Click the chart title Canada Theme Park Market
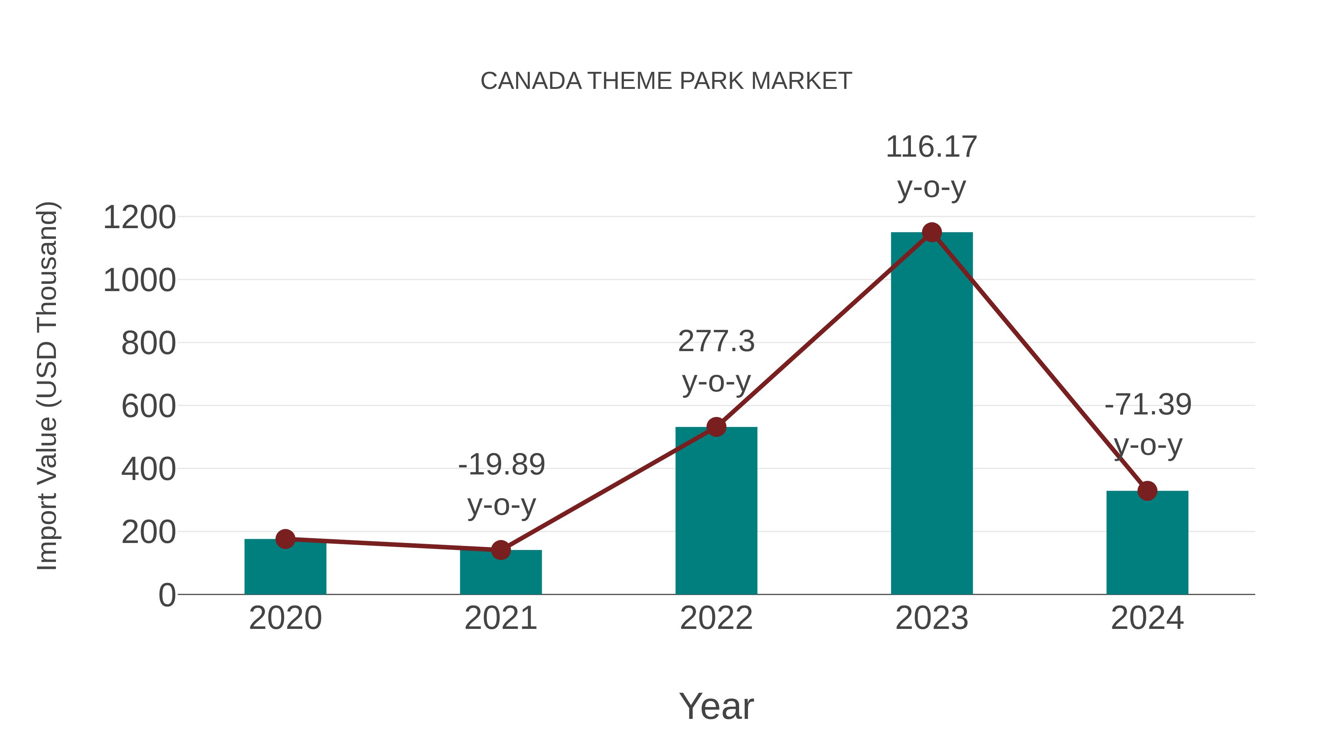666,81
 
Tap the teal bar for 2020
285,569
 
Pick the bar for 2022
716,513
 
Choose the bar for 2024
1147,543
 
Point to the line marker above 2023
932,232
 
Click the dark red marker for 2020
285,539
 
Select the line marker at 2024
1147,491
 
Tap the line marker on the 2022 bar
716,427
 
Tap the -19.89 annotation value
501,464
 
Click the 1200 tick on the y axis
139,217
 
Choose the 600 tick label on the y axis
148,406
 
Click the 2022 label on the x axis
716,618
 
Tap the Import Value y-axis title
47,386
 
